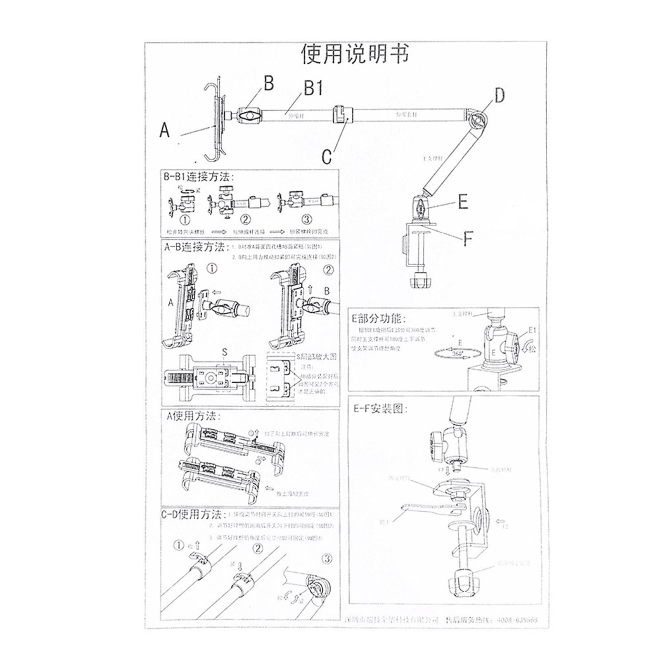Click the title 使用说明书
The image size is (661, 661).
pyautogui.click(x=355, y=54)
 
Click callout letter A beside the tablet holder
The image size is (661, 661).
pyautogui.click(x=164, y=130)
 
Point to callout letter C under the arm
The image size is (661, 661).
pyautogui.click(x=327, y=157)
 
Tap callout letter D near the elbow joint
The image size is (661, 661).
pyautogui.click(x=500, y=96)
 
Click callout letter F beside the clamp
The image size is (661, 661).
pyautogui.click(x=467, y=239)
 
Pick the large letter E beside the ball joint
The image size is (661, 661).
pyautogui.click(x=463, y=202)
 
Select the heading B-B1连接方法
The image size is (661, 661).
pyautogui.click(x=199, y=177)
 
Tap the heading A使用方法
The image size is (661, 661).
pyautogui.click(x=193, y=416)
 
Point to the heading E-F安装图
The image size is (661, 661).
pyautogui.click(x=380, y=409)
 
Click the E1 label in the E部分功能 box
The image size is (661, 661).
pyautogui.click(x=532, y=330)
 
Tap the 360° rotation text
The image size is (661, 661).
pyautogui.click(x=457, y=354)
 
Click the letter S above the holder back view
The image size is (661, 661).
pyautogui.click(x=225, y=352)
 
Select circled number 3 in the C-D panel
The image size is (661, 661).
pyautogui.click(x=327, y=559)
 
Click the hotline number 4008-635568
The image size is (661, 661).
pyautogui.click(x=517, y=620)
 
